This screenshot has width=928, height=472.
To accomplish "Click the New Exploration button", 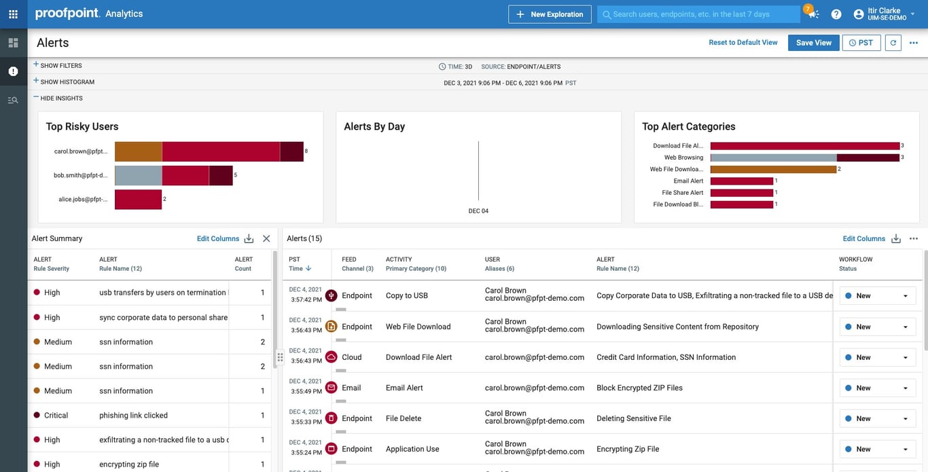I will pyautogui.click(x=550, y=14).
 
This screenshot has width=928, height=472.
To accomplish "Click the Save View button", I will pyautogui.click(x=813, y=43).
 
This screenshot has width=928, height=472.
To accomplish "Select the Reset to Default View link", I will pyautogui.click(x=743, y=43).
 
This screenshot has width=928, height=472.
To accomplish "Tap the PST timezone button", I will pyautogui.click(x=861, y=43).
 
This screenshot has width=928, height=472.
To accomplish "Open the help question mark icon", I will pyautogui.click(x=836, y=14).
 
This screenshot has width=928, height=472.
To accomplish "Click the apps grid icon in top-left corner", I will pyautogui.click(x=13, y=14).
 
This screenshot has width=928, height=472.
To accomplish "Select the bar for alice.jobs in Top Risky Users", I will pyautogui.click(x=138, y=200).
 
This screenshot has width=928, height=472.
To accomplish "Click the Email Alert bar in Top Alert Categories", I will pyautogui.click(x=741, y=181).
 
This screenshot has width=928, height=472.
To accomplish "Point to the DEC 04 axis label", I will pyautogui.click(x=478, y=211).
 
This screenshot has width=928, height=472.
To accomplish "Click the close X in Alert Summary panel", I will pyautogui.click(x=266, y=239).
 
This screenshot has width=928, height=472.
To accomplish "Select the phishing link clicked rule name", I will pyautogui.click(x=133, y=416).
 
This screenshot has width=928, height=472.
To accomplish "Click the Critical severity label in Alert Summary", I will pyautogui.click(x=56, y=416).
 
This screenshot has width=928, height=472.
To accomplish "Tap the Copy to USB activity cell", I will pyautogui.click(x=406, y=296).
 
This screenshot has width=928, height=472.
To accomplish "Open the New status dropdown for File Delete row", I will pyautogui.click(x=877, y=419).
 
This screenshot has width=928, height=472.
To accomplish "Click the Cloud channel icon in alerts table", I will pyautogui.click(x=332, y=357).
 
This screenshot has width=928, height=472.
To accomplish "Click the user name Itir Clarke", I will pyautogui.click(x=884, y=11).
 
